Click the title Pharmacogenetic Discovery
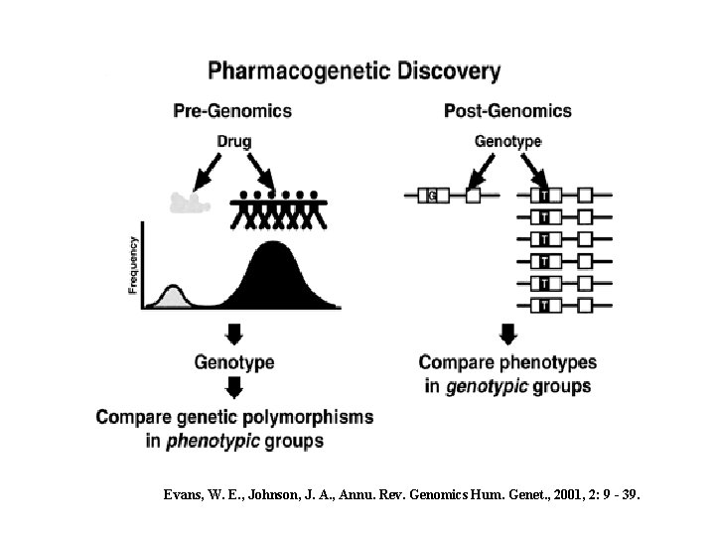coord(355,71)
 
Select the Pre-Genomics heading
coord(232,110)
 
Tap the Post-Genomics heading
coord(507,110)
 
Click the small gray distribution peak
coord(172,296)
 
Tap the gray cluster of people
coord(191,203)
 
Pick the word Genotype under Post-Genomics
coord(507,141)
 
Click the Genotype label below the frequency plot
coord(233,363)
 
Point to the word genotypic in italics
coord(487,385)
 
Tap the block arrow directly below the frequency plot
coord(233,334)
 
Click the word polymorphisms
coord(311,417)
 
